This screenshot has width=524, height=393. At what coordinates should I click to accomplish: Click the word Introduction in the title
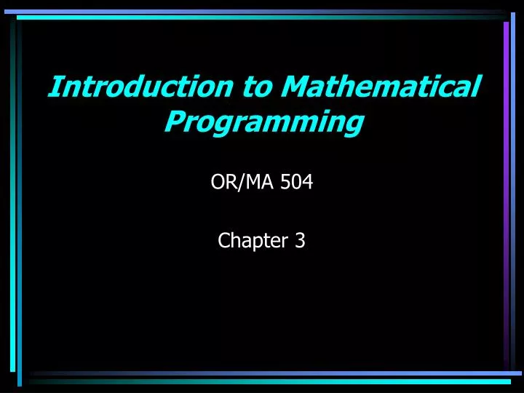click(138, 87)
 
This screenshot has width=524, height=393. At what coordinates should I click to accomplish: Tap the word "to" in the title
click(255, 87)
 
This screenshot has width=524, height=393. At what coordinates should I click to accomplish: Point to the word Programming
click(263, 121)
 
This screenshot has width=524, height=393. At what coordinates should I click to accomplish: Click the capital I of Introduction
click(55, 87)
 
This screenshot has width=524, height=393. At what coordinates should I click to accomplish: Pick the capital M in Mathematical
click(295, 87)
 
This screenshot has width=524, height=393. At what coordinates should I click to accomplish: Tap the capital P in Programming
click(175, 121)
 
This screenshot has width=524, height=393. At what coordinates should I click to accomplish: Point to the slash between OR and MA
click(236, 183)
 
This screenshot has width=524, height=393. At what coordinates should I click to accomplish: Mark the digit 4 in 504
click(308, 183)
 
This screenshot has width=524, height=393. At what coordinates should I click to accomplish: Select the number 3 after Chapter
click(300, 241)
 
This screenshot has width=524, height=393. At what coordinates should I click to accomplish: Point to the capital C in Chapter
click(223, 241)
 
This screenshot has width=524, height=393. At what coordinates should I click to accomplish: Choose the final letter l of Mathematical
click(477, 86)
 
